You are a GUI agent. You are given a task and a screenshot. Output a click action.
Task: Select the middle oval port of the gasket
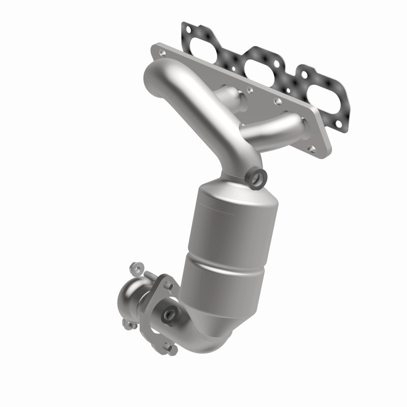click(x=259, y=61)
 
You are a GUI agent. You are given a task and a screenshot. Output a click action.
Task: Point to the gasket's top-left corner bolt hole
click(x=188, y=30)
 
